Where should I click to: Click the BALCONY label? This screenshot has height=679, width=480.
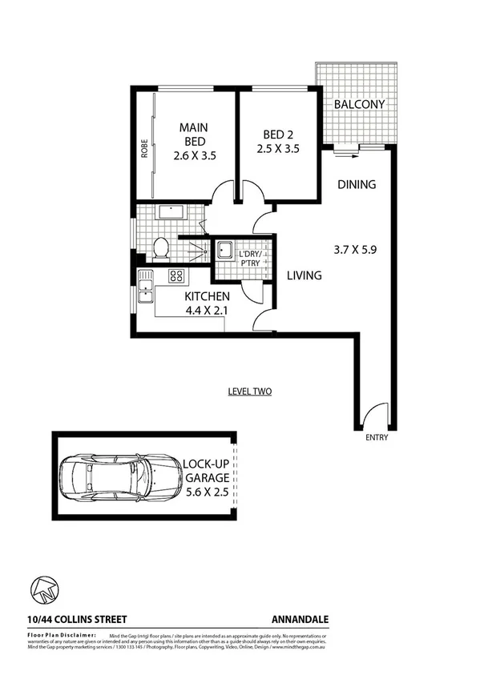[360, 105]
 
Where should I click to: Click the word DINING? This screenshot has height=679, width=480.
[356, 185]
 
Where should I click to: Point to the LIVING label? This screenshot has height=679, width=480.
[304, 275]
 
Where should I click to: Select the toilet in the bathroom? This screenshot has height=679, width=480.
[159, 249]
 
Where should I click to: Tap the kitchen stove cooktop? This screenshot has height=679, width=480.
[176, 277]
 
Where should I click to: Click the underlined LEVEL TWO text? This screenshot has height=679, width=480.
[249, 392]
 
